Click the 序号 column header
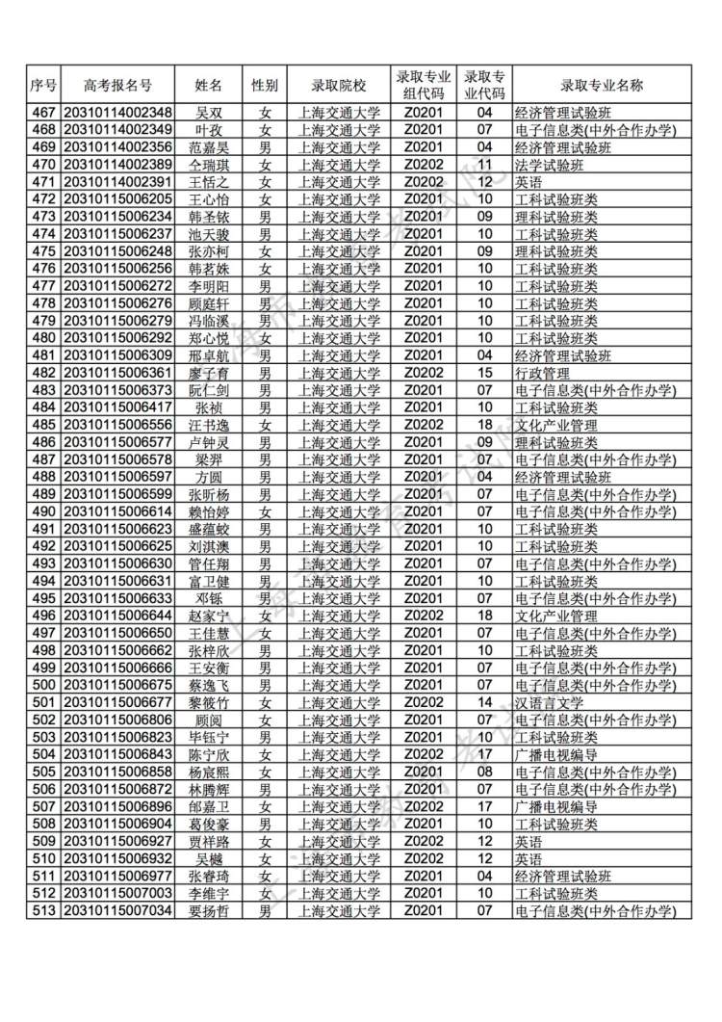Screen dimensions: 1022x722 [x=43, y=86]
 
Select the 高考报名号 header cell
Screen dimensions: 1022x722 [x=117, y=86]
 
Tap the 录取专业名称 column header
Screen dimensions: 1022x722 [x=602, y=86]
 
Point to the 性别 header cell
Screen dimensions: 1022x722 [x=265, y=86]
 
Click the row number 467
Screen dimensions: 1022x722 [x=43, y=113]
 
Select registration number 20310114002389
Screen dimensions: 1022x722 [x=117, y=165]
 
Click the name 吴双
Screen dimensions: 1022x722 [x=209, y=113]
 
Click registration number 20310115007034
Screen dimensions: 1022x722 [x=117, y=910]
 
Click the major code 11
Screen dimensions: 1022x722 [x=485, y=165]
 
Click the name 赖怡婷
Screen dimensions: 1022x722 [x=209, y=511]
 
